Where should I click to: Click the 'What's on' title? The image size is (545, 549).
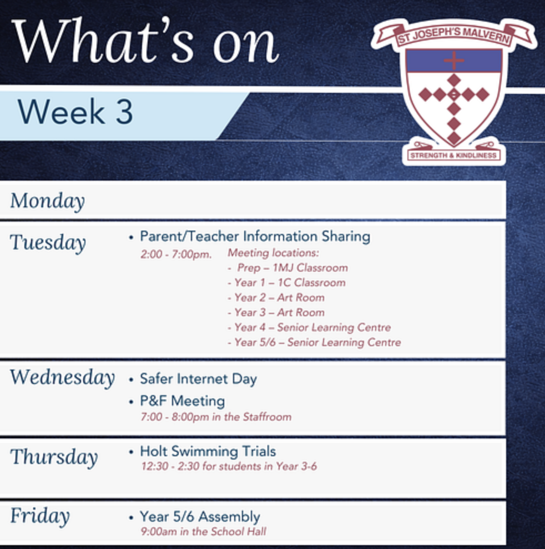[145, 41]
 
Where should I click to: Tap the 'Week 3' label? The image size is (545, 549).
[75, 112]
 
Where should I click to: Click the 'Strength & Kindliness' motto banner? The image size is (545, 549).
[453, 156]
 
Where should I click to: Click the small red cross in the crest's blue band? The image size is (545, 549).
[453, 61]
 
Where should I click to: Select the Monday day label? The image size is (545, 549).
[48, 201]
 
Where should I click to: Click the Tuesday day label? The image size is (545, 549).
[48, 242]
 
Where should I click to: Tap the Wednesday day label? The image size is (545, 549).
[62, 378]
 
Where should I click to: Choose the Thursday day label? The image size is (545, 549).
[54, 457]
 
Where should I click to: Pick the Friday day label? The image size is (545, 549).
[40, 516]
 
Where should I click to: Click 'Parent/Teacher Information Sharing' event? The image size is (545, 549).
[255, 236]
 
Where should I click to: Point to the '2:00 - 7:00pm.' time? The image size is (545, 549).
[176, 254]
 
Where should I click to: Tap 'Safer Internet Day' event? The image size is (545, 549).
[198, 379]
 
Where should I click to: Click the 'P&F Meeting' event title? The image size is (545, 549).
[182, 401]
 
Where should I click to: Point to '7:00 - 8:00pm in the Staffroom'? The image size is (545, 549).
[216, 417]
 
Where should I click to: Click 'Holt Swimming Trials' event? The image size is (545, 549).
[208, 451]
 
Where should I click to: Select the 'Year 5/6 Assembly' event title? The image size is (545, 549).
[200, 517]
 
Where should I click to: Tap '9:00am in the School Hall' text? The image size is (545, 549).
[203, 531]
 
